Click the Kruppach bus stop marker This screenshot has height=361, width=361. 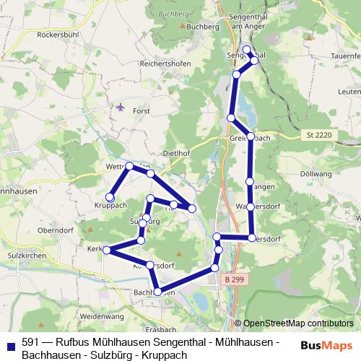110,197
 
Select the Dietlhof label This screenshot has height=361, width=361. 178,153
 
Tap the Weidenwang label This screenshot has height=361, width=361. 100,316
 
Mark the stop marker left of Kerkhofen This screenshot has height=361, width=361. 107,250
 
